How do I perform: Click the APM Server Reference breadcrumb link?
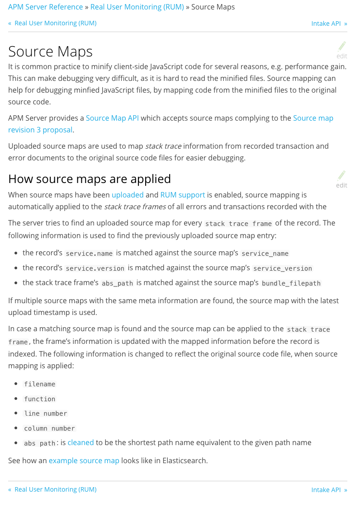45,7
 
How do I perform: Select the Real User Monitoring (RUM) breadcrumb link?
137,7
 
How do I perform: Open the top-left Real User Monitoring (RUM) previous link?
55,23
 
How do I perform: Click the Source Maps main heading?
50,52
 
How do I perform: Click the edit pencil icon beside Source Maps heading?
342,47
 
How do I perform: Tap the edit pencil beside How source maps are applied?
342,176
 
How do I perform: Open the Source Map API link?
112,118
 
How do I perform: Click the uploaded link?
128,195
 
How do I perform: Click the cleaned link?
81,443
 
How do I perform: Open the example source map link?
84,461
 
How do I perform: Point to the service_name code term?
265,253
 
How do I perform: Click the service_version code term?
283,268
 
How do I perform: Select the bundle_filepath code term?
291,284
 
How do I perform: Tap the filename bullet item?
40,384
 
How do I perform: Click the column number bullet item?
49,428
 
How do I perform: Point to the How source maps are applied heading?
90,179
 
